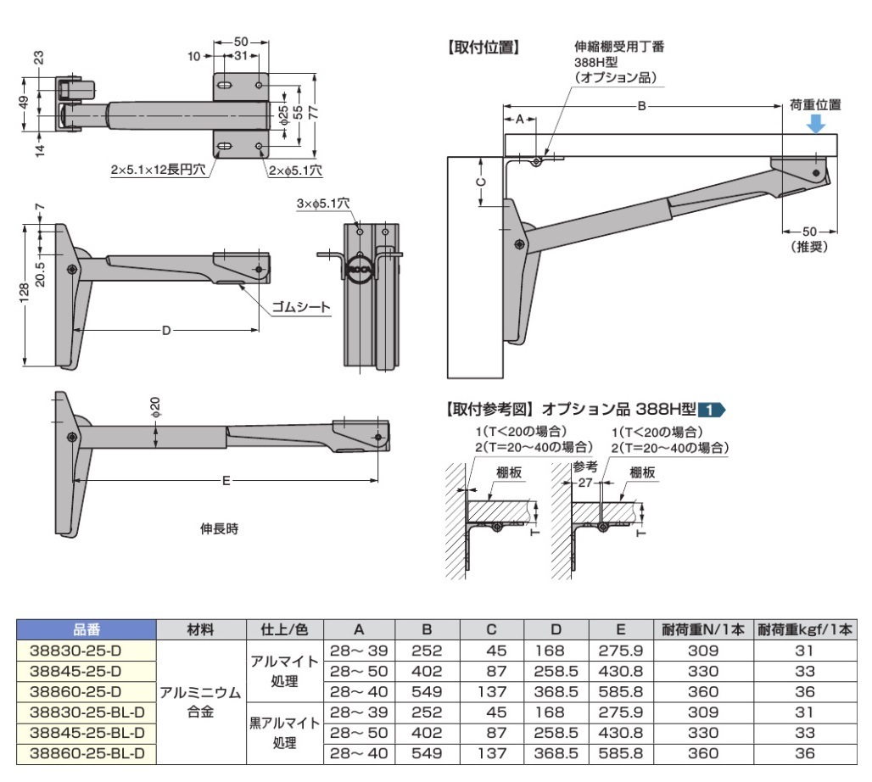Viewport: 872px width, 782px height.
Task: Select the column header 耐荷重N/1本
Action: (x=703, y=629)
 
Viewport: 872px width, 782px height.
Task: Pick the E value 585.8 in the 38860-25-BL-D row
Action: (x=621, y=752)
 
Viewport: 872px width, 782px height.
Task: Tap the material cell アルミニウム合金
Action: (x=200, y=701)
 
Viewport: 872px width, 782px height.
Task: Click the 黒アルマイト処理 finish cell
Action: (x=283, y=732)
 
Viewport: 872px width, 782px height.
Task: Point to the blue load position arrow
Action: (x=815, y=124)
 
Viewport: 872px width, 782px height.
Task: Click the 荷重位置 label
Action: (x=815, y=105)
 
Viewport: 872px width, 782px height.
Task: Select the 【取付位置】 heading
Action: (x=483, y=47)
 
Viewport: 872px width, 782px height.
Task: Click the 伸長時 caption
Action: (x=219, y=528)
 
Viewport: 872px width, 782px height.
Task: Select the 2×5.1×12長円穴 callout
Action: (x=158, y=170)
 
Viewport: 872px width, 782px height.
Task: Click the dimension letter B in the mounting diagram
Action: (x=641, y=106)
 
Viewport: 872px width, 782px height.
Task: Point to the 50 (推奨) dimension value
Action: (x=808, y=232)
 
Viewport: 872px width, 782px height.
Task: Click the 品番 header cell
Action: (x=86, y=629)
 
